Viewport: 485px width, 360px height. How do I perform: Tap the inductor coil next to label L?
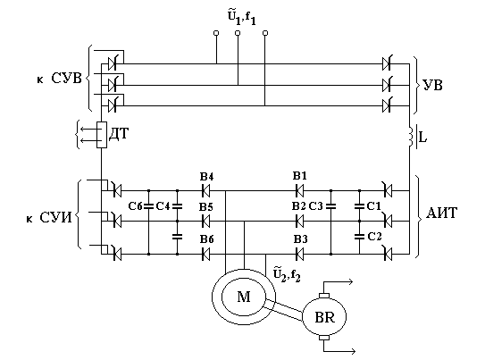click(411, 136)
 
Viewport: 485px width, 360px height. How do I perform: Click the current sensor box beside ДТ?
click(102, 135)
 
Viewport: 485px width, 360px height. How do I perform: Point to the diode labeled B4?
click(205, 190)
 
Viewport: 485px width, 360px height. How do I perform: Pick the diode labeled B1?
click(299, 190)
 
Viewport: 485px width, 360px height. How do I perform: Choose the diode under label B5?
click(205, 222)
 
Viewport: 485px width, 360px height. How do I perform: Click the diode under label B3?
click(299, 255)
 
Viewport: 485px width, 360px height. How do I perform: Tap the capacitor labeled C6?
click(149, 206)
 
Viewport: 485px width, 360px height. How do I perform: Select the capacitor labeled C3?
click(331, 206)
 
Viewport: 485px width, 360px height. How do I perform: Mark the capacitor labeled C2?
click(359, 237)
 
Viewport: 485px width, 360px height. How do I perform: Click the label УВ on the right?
click(432, 85)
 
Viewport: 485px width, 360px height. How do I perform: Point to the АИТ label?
click(441, 213)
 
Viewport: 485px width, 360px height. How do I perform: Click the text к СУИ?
click(49, 218)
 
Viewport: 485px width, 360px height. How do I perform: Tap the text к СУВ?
click(59, 79)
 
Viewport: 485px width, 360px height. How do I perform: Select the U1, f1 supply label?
click(242, 18)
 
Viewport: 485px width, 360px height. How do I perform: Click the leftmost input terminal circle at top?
click(216, 33)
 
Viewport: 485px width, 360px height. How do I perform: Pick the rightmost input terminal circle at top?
click(264, 33)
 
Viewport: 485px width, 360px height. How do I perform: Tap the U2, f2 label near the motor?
click(287, 275)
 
